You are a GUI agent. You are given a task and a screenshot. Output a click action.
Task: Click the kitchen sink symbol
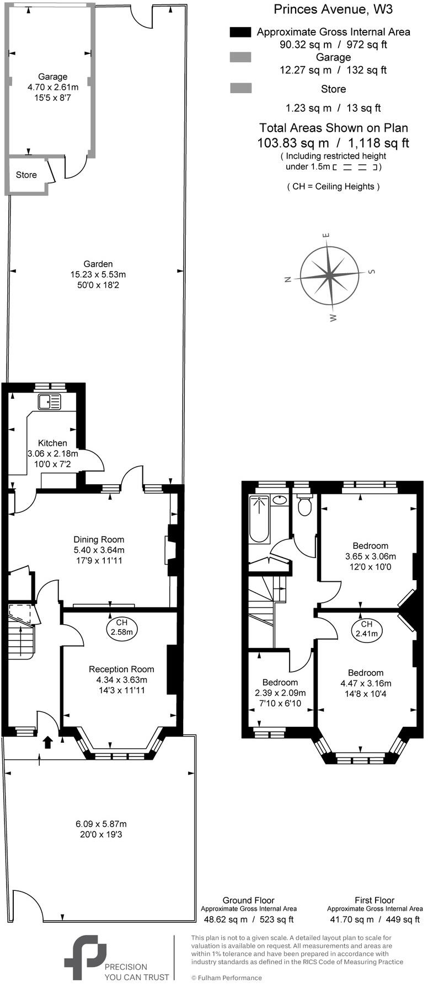[x=49, y=402]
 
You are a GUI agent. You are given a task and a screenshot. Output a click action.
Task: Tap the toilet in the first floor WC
[x=304, y=505]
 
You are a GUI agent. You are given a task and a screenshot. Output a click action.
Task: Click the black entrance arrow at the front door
[x=48, y=742]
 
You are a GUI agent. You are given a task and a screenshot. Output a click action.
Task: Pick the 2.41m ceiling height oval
[x=367, y=629]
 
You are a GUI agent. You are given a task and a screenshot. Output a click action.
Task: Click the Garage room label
[x=52, y=77]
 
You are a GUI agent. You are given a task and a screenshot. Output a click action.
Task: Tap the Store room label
[x=26, y=175]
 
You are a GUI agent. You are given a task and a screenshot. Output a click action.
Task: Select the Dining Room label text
[x=99, y=539]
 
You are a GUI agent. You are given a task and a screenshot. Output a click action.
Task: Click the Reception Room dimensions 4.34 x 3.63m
[x=121, y=679]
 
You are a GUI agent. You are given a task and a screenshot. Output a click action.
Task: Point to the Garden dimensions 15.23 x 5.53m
[x=98, y=274]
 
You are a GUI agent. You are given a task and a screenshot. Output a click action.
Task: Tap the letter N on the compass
[x=287, y=279]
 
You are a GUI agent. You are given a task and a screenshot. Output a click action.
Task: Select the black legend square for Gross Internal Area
[x=240, y=32]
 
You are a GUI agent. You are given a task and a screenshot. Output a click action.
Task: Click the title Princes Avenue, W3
[x=333, y=9]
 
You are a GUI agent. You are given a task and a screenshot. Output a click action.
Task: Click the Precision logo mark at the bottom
[x=85, y=957]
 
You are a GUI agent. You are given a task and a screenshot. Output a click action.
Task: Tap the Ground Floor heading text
[x=248, y=900]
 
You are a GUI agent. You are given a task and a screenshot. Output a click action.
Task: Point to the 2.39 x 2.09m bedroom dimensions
[x=280, y=693]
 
